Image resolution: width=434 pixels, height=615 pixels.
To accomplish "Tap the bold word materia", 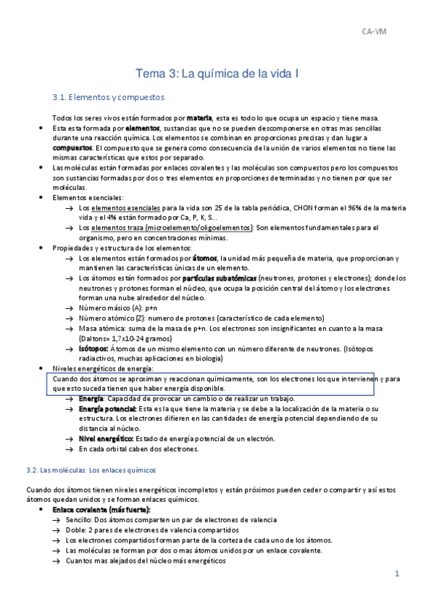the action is click(199, 118).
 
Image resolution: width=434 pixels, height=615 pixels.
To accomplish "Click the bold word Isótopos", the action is click(94, 348).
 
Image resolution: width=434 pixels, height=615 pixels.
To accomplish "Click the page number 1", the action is click(397, 573).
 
